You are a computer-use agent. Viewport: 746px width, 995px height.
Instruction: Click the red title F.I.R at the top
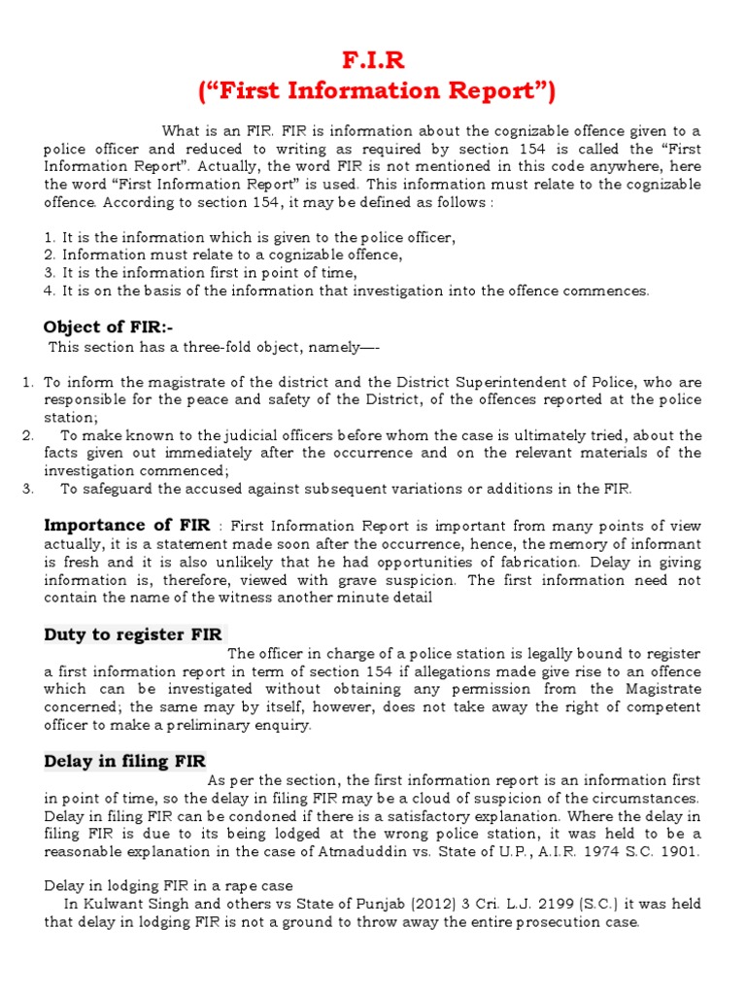(373, 61)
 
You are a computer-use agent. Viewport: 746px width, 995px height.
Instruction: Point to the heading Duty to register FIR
(133, 635)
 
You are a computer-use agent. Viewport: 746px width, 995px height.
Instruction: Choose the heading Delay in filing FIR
(125, 761)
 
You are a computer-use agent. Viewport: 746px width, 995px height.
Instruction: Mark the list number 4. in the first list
(50, 291)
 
